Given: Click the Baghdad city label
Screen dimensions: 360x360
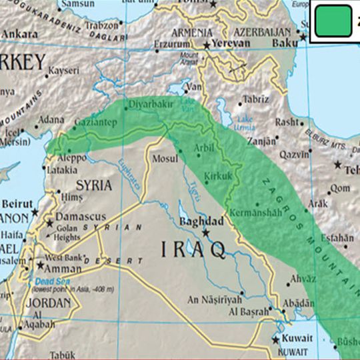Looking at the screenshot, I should pyautogui.click(x=201, y=221).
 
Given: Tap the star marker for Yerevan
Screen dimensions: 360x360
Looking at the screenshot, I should pyautogui.click(x=207, y=45).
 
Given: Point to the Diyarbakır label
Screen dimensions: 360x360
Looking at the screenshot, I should pyautogui.click(x=151, y=105).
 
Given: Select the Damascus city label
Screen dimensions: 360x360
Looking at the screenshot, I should pyautogui.click(x=80, y=217).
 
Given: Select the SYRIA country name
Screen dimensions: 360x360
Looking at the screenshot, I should pyautogui.click(x=94, y=185).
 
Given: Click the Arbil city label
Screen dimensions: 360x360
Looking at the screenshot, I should pyautogui.click(x=204, y=147).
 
